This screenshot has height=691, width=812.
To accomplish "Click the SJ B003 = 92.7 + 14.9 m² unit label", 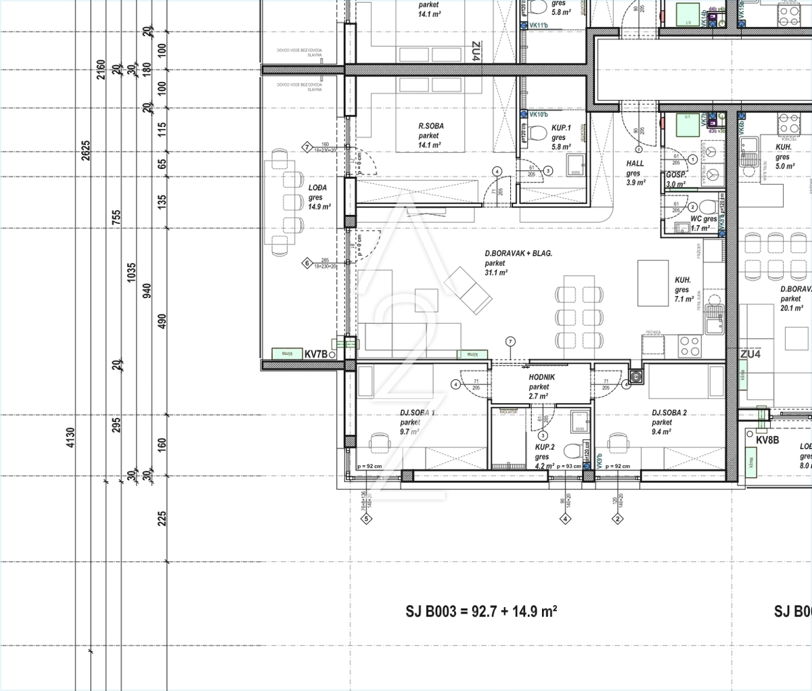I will click(x=481, y=611).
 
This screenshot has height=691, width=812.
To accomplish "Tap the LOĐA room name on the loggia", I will click(x=317, y=188).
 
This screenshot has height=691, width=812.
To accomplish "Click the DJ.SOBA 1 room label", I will click(x=418, y=413).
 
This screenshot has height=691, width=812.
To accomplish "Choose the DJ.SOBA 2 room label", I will click(x=669, y=412).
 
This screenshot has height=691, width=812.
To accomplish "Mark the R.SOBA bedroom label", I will click(x=431, y=126).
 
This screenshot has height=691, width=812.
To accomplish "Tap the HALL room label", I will click(x=635, y=164).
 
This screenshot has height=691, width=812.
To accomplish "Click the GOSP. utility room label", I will click(x=677, y=176).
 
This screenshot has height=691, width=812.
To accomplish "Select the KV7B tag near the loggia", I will click(x=316, y=354).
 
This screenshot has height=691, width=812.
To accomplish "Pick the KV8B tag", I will click(x=768, y=440).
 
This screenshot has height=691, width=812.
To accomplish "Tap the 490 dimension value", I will click(x=161, y=321).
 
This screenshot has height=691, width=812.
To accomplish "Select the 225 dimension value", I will click(x=161, y=519).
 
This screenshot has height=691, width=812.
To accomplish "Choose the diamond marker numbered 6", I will click(x=307, y=263).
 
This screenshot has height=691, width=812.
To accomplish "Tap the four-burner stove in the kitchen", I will click(x=690, y=346).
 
